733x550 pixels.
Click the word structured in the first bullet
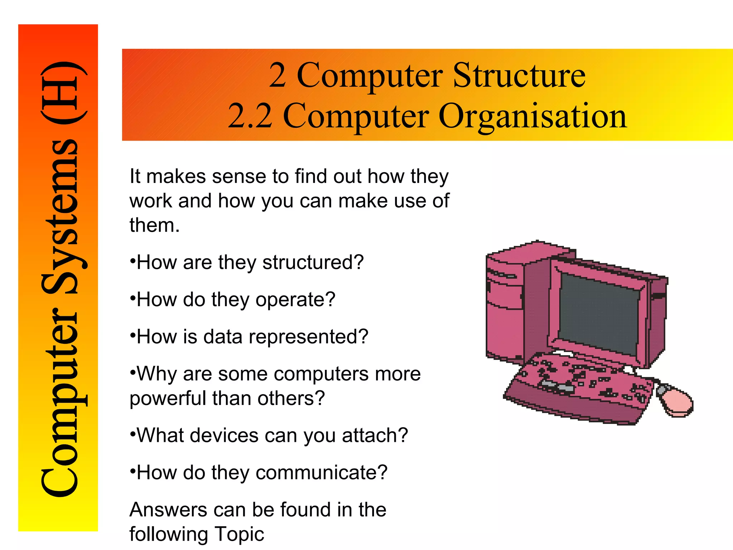coord(313,262)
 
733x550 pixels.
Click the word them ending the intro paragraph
coord(154,226)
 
